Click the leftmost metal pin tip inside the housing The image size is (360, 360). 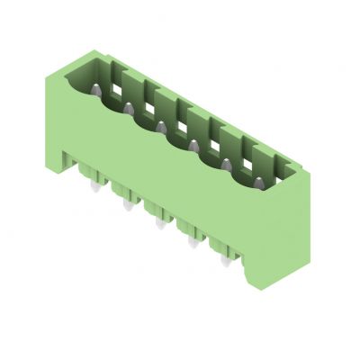[x=96, y=89]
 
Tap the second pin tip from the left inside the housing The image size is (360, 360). [x=129, y=108]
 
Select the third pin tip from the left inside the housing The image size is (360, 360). [x=161, y=127]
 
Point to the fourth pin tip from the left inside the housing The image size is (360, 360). [x=193, y=145]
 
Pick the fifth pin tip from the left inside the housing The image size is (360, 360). [x=225, y=165]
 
